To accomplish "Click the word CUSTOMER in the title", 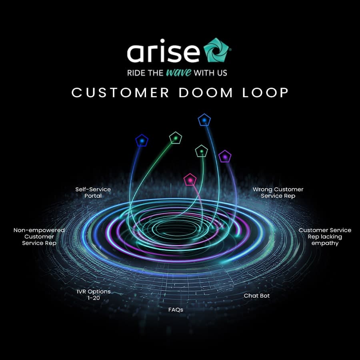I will click(x=120, y=92).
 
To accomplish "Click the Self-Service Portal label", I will click(x=93, y=192).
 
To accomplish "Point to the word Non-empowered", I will click(x=39, y=230).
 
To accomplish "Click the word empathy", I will click(x=325, y=243).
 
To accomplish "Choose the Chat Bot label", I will click(x=257, y=296).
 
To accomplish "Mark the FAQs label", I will click(x=176, y=310).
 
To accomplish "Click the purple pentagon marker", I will click(x=225, y=156).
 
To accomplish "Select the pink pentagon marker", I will click(x=190, y=180).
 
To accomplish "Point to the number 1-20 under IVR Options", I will click(x=93, y=298).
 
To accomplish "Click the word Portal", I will click(x=93, y=196).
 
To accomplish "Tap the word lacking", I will click(x=331, y=237).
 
